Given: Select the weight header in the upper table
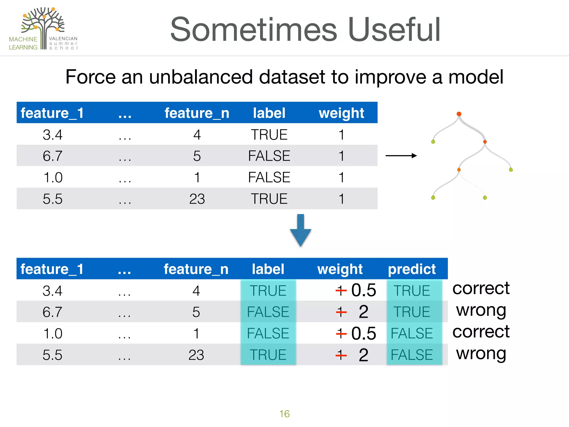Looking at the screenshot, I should (x=341, y=113).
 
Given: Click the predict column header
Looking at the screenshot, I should (x=412, y=269).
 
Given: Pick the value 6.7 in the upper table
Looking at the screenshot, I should (x=53, y=156).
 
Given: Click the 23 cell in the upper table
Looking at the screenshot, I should (x=197, y=199).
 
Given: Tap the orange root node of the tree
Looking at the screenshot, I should (x=459, y=114).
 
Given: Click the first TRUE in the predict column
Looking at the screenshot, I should (x=412, y=291).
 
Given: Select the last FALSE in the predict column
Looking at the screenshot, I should (x=412, y=355).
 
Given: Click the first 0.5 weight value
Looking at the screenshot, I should (x=363, y=290).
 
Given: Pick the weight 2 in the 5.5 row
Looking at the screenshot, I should (x=363, y=355).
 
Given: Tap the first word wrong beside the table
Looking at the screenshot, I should (x=481, y=310).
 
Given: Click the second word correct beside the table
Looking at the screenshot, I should (x=481, y=331).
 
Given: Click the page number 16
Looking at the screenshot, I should (x=284, y=414).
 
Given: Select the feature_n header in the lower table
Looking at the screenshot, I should (x=196, y=269).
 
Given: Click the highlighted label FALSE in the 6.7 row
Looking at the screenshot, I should (x=268, y=312).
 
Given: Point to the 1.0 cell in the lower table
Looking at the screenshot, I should (x=53, y=333).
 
